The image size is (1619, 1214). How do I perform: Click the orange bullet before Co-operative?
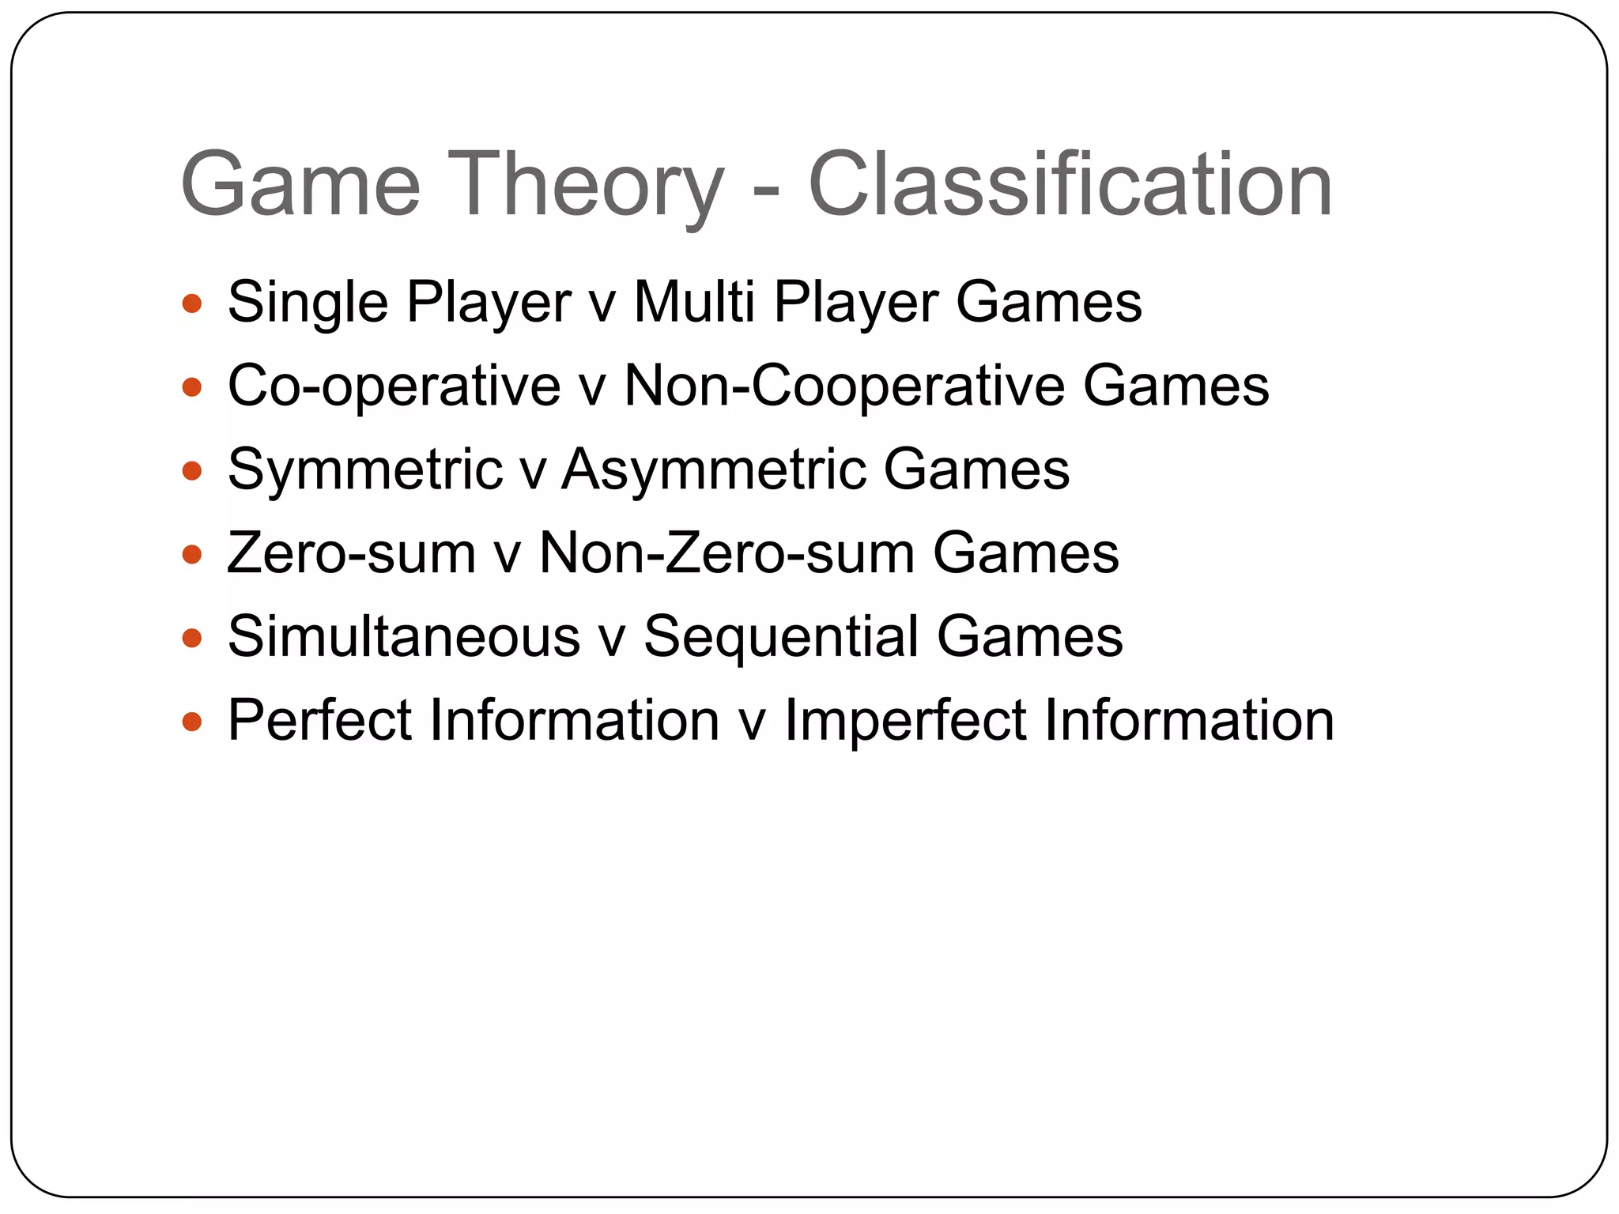coord(192,387)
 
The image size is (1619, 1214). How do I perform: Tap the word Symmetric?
coord(365,469)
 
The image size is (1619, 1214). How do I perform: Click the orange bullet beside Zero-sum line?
coord(192,554)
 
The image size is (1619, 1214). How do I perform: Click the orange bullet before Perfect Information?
coord(192,721)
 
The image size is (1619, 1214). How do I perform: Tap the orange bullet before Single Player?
coord(192,303)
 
